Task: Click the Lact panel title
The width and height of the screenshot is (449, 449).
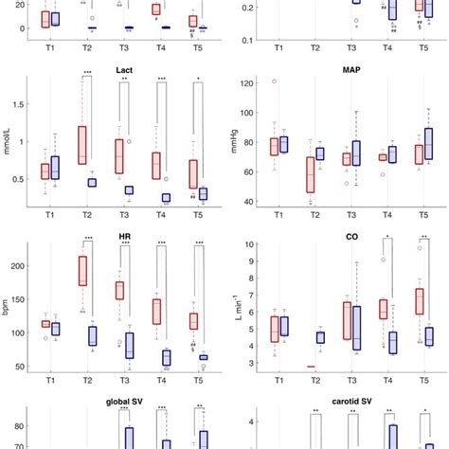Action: click(123, 69)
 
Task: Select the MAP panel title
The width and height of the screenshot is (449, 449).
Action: click(343, 69)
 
